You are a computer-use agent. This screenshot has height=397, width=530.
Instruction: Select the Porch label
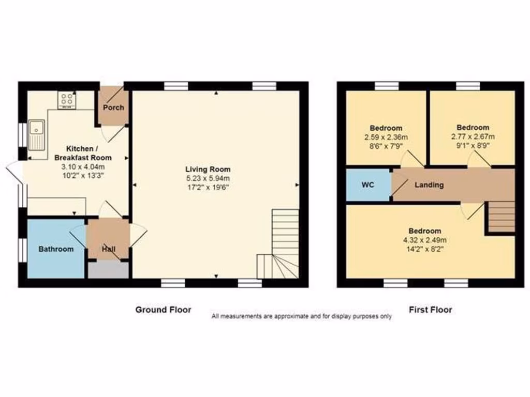(x=113, y=108)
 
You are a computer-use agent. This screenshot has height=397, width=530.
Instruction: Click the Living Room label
(x=208, y=169)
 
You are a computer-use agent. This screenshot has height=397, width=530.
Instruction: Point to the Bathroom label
(x=56, y=249)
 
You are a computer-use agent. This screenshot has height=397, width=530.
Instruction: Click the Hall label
(x=109, y=249)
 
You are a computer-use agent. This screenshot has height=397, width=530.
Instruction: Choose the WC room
(x=368, y=185)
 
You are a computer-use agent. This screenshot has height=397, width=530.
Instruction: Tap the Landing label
(x=429, y=185)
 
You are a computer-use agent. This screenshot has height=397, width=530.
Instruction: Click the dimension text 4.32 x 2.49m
(x=425, y=240)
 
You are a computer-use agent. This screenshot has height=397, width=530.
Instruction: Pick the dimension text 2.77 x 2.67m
(x=473, y=136)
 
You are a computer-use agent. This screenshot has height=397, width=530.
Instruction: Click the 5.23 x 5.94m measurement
(x=208, y=178)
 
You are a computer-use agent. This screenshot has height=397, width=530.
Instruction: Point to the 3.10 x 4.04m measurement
(x=83, y=166)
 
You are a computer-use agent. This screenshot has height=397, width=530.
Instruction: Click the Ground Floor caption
(x=163, y=310)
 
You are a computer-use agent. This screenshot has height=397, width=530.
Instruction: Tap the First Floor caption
(x=430, y=310)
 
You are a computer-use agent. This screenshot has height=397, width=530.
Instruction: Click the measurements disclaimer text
(x=301, y=316)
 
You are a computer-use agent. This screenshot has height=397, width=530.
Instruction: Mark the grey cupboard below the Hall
(x=108, y=270)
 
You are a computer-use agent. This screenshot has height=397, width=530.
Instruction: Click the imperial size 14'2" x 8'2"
(x=425, y=249)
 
